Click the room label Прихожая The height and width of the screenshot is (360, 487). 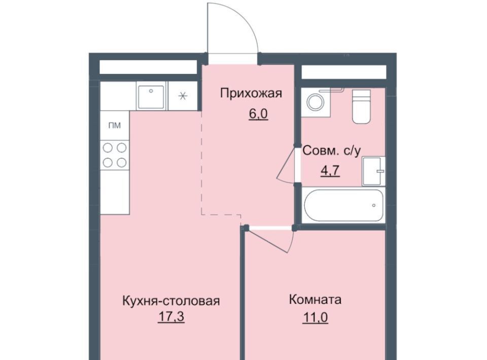click(x=251, y=93)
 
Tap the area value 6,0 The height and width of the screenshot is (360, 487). click(x=258, y=114)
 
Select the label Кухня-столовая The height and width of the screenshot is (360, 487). click(x=171, y=301)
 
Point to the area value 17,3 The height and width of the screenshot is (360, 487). click(x=171, y=317)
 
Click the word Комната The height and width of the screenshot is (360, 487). click(x=315, y=300)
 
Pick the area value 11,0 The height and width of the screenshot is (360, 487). click(x=315, y=317)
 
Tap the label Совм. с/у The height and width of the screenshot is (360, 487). click(x=332, y=151)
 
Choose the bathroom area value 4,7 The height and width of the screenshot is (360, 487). click(x=330, y=171)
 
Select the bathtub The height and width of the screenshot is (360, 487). click(x=344, y=205)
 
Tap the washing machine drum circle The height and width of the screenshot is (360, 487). click(x=315, y=102)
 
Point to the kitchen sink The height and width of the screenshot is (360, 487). click(x=151, y=97)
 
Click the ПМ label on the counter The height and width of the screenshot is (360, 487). click(x=115, y=126)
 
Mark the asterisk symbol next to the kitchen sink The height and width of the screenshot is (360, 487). click(x=183, y=96)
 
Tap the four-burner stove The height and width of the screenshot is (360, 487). click(x=115, y=155)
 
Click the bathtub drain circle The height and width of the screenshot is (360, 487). click(x=374, y=205)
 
